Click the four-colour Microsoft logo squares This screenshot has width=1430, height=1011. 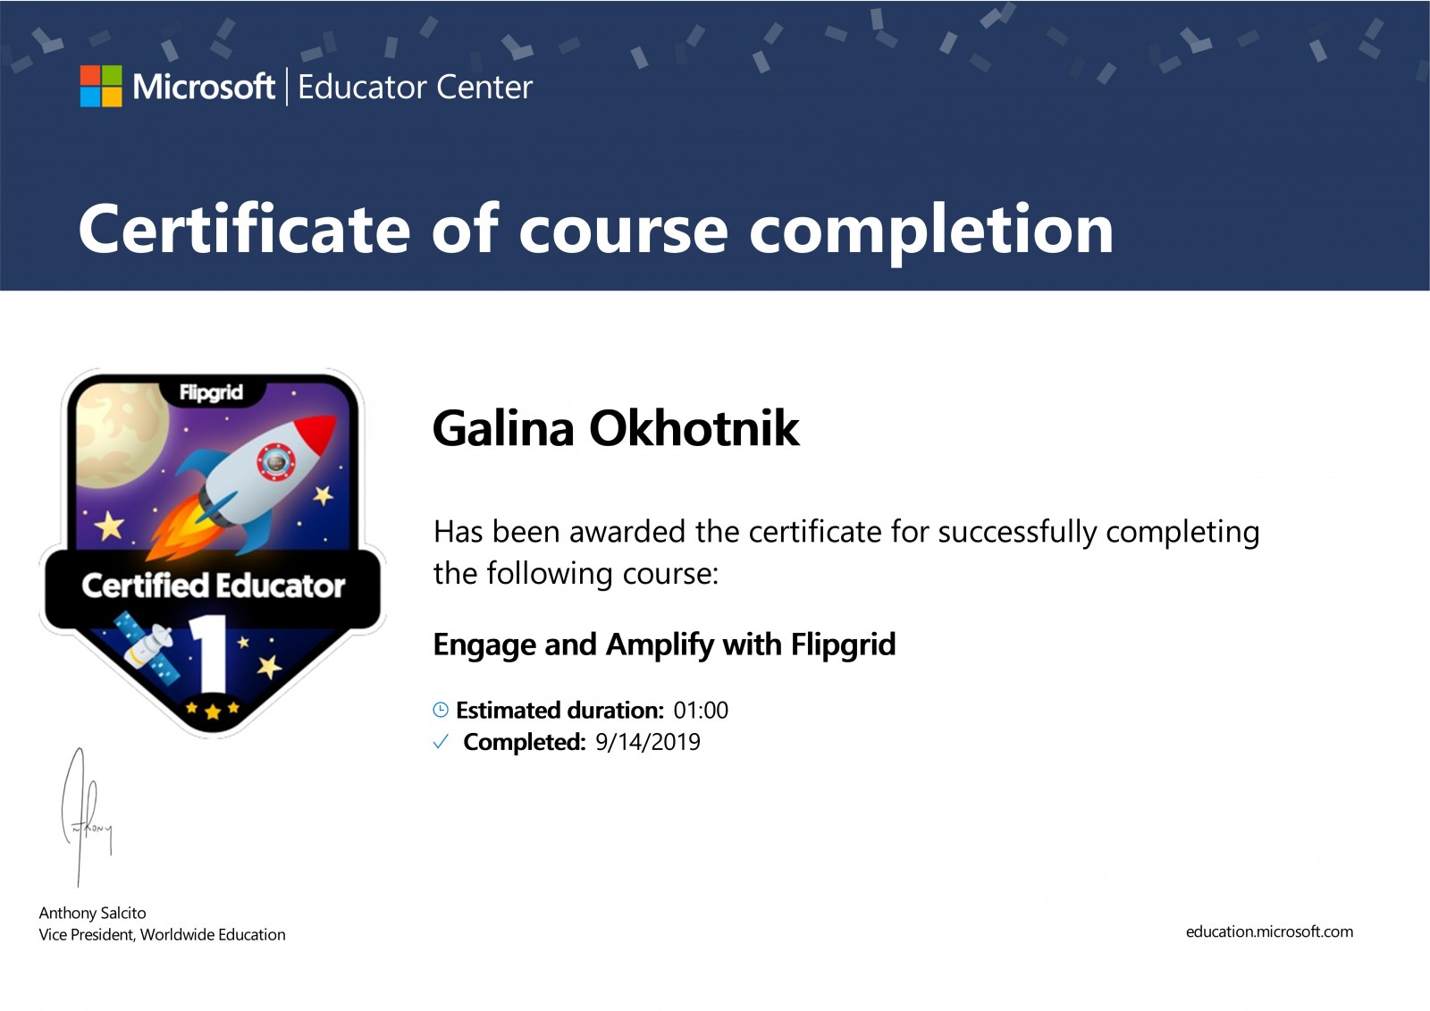point(101,86)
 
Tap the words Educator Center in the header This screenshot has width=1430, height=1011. point(415,88)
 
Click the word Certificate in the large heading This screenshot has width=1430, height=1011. point(244,229)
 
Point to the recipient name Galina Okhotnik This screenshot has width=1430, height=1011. point(616,428)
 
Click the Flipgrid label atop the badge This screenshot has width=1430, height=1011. point(211,392)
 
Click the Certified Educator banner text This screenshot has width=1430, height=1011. point(214,586)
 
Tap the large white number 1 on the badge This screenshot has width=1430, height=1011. point(209,653)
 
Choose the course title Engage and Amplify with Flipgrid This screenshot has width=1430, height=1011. point(665,645)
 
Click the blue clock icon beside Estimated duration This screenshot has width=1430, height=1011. point(441,710)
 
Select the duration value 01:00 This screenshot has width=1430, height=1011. point(701,710)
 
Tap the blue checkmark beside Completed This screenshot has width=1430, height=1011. point(441,741)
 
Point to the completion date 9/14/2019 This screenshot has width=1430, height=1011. point(647,742)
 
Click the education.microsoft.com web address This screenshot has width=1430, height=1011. point(1269,931)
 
